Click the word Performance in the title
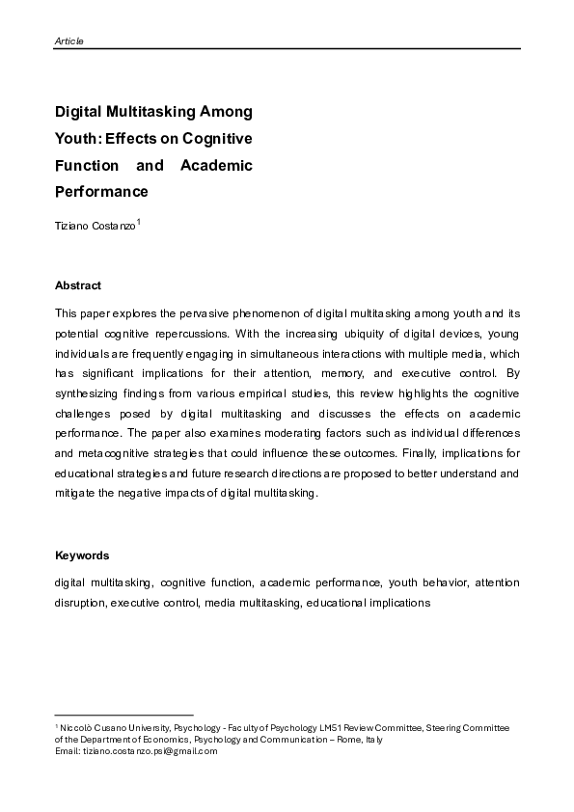(101, 192)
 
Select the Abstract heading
(78, 286)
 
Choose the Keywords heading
(82, 555)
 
